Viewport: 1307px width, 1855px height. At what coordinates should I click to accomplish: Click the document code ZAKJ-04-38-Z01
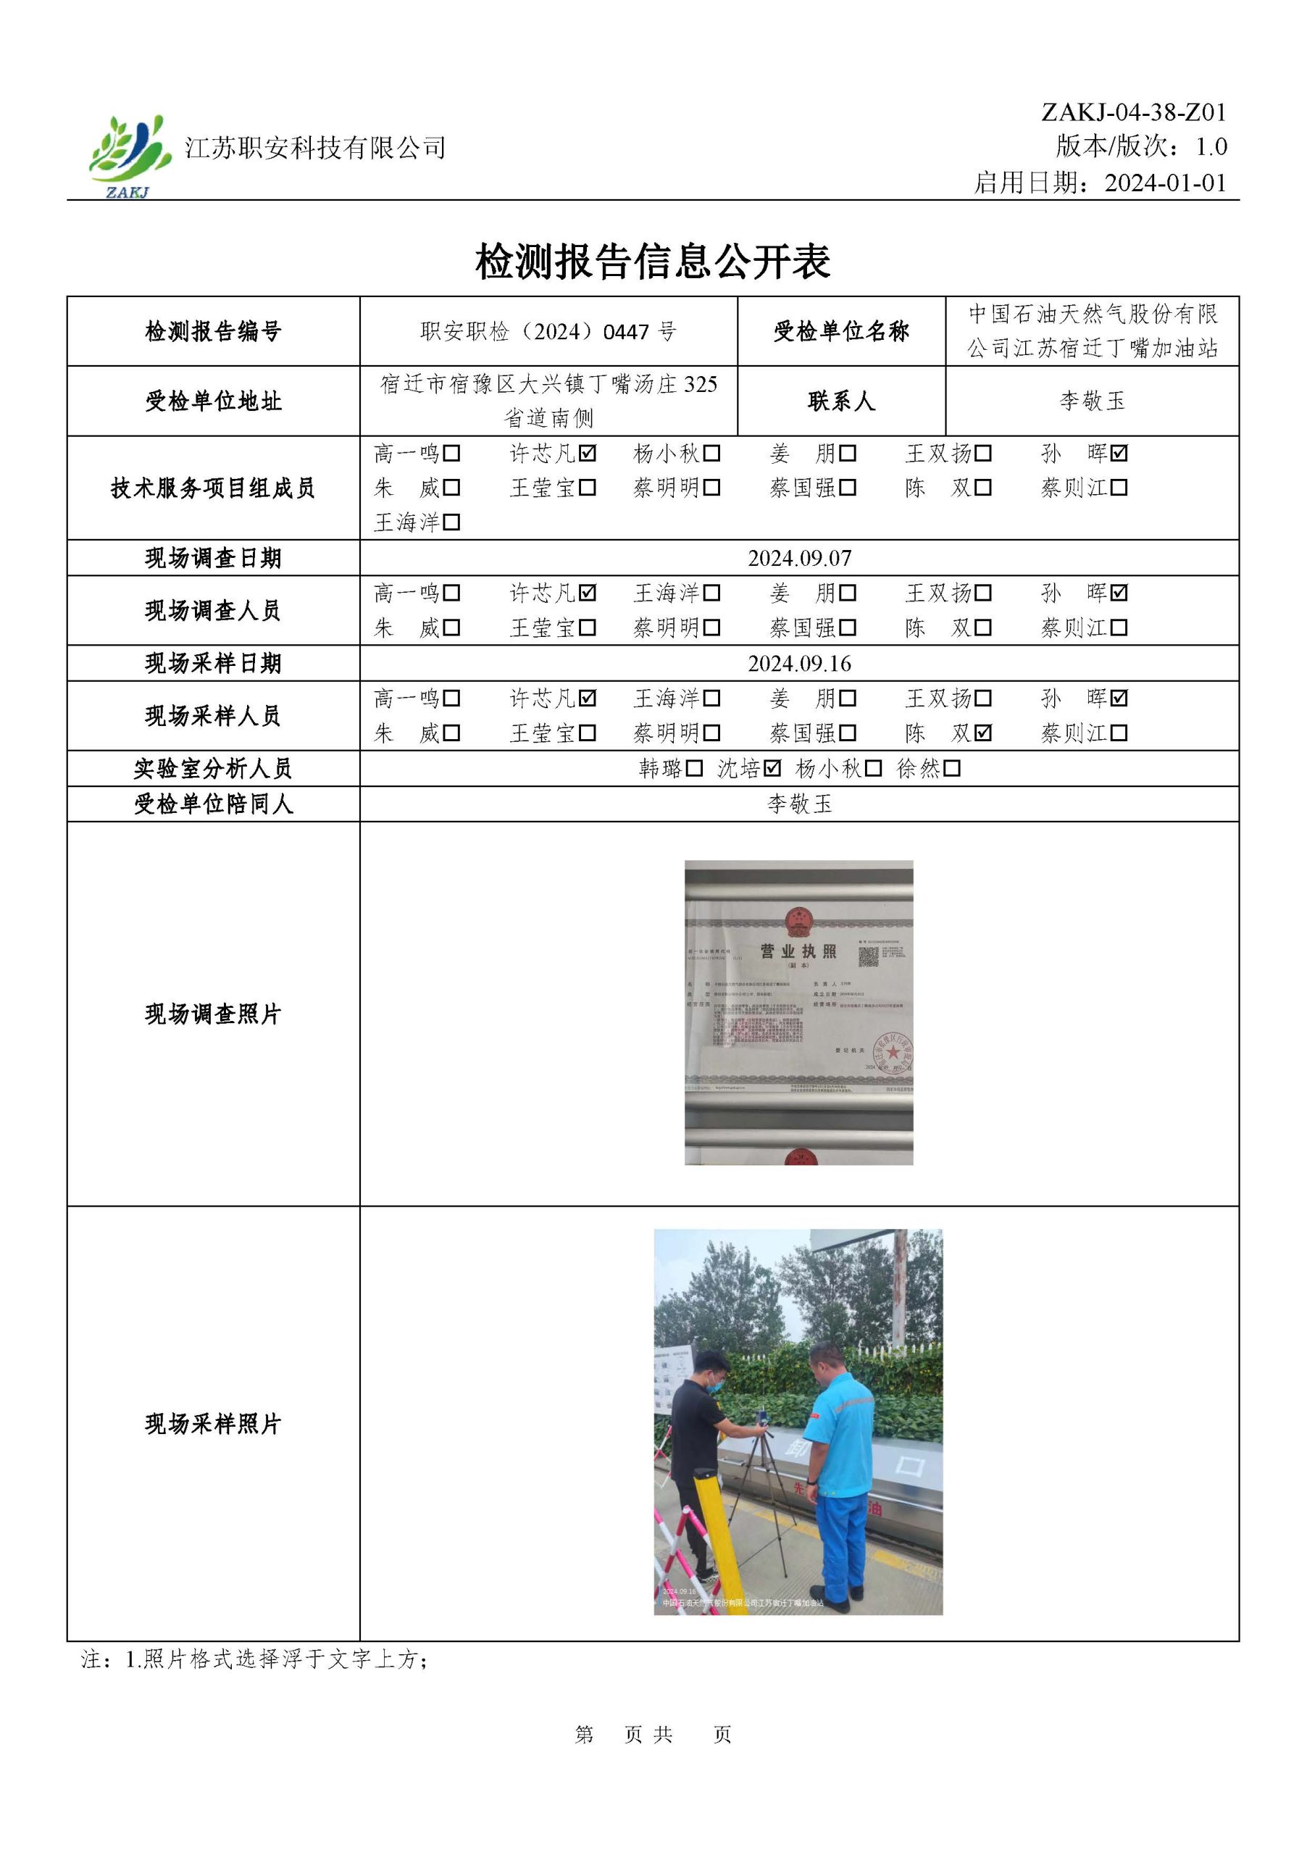pos(1133,112)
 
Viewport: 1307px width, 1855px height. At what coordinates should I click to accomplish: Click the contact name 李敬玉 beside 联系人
pos(1092,401)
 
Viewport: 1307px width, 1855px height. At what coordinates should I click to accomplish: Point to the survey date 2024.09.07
pos(799,558)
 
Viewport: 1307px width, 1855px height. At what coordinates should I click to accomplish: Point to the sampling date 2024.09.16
pos(799,663)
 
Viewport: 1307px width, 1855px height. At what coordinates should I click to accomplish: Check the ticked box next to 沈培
pos(772,768)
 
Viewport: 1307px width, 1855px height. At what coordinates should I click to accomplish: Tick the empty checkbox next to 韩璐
pos(694,768)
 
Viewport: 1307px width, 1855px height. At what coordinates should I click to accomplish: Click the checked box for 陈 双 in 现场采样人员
pos(983,733)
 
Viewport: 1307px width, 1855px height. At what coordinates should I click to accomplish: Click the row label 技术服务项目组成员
pos(212,488)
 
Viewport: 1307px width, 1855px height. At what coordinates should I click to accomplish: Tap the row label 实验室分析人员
pos(212,768)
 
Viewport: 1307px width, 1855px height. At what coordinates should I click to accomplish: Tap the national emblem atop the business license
pos(798,920)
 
